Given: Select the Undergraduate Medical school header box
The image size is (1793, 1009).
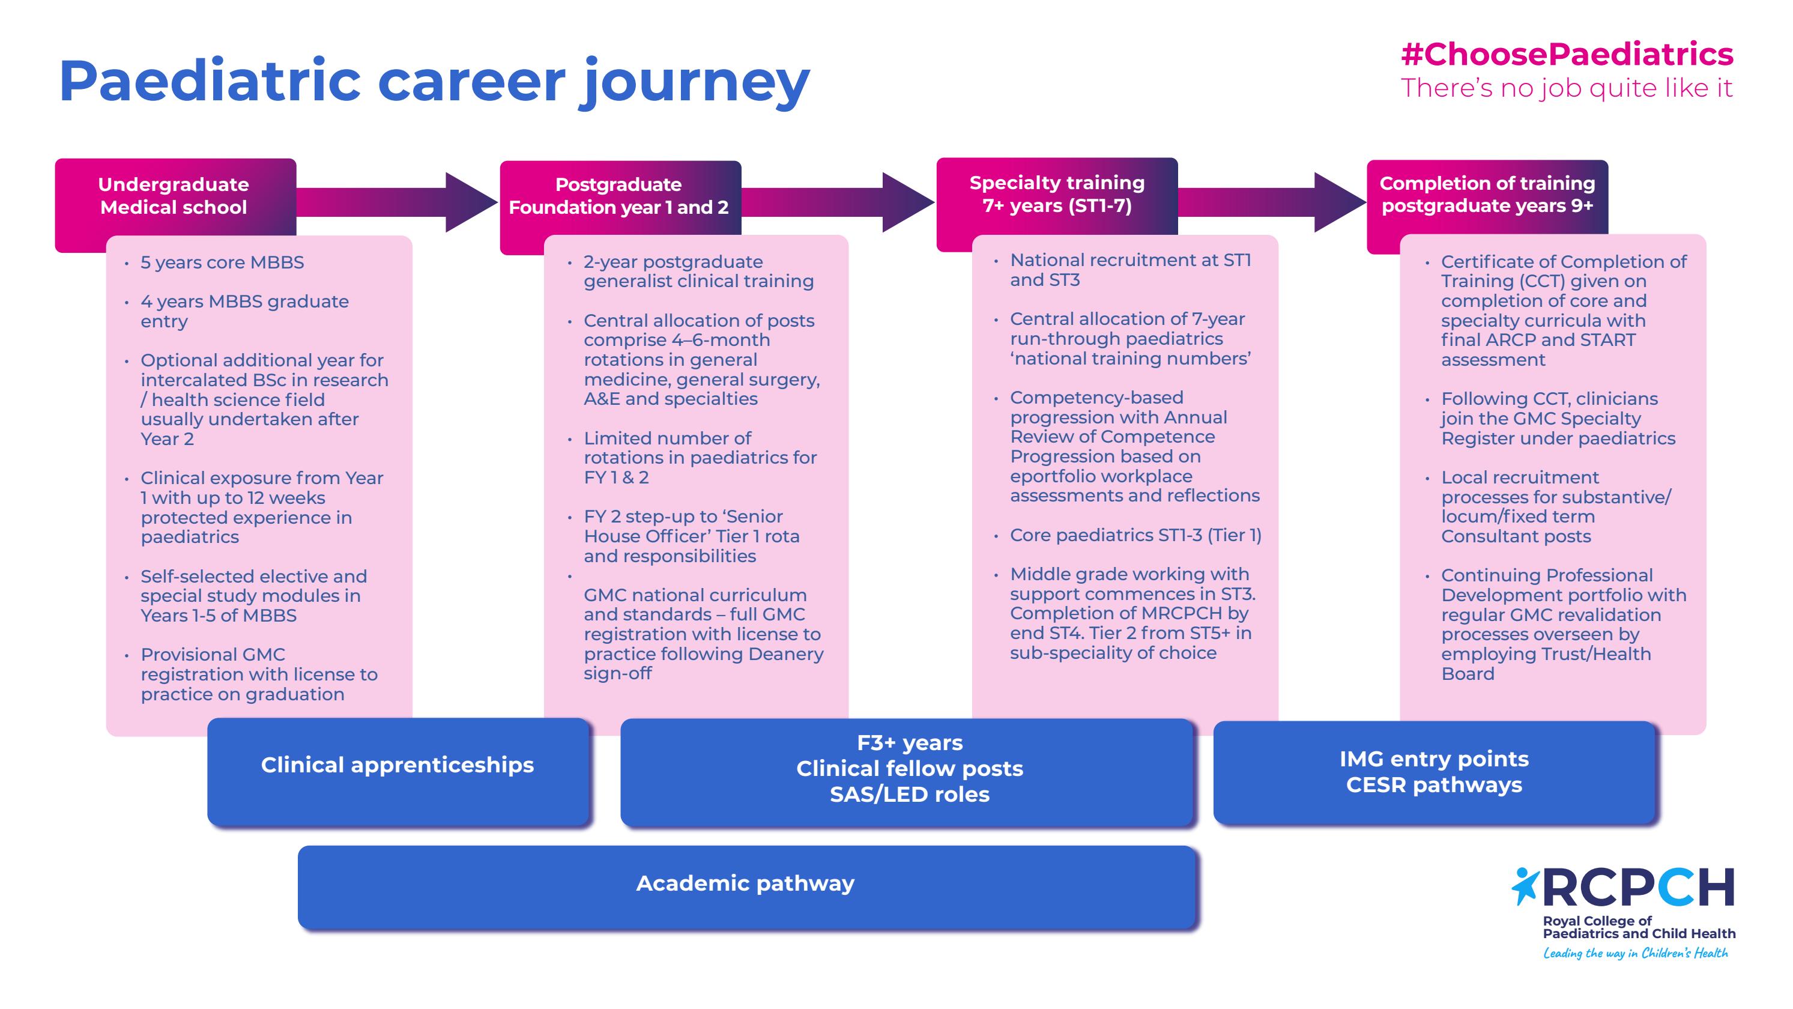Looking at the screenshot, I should pos(174,196).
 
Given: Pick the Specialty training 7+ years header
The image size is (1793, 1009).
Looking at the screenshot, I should pos(1057,194).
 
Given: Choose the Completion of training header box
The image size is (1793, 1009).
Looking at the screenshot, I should pos(1487,194).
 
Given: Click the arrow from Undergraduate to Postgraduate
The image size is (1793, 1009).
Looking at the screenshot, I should pos(397,202).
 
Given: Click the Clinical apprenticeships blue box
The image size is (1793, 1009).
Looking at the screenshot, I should pos(398,765).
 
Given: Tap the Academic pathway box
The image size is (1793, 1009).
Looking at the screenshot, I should pos(745,883).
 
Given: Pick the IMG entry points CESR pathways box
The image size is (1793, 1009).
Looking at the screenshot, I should pos(1434,772).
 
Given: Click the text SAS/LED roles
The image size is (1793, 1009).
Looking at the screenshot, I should pos(909,795).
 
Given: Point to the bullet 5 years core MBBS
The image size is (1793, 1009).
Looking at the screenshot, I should pos(222,262).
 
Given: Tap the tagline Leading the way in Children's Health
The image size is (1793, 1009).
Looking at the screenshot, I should pos(1636,953).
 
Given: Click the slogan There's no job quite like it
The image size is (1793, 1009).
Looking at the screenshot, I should pos(1566,88).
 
